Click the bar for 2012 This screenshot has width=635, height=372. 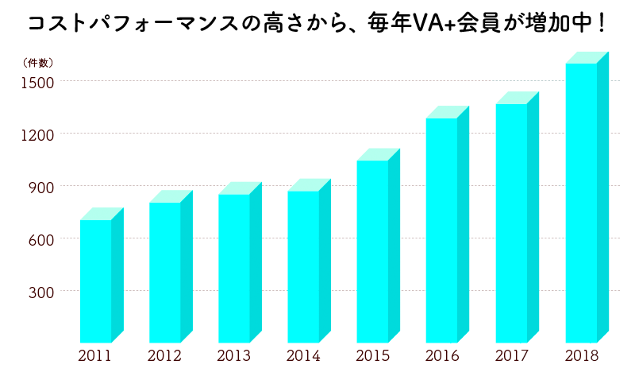(165, 272)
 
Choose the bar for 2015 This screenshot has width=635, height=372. (372, 251)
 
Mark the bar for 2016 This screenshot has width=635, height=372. (441, 230)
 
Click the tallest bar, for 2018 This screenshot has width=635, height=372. (581, 203)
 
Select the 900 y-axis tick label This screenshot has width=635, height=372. (42, 187)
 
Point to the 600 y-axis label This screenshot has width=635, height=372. (42, 239)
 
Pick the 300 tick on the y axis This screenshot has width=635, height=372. (42, 292)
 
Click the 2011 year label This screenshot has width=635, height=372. (95, 355)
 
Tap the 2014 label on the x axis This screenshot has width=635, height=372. (303, 355)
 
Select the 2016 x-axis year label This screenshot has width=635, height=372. (442, 355)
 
